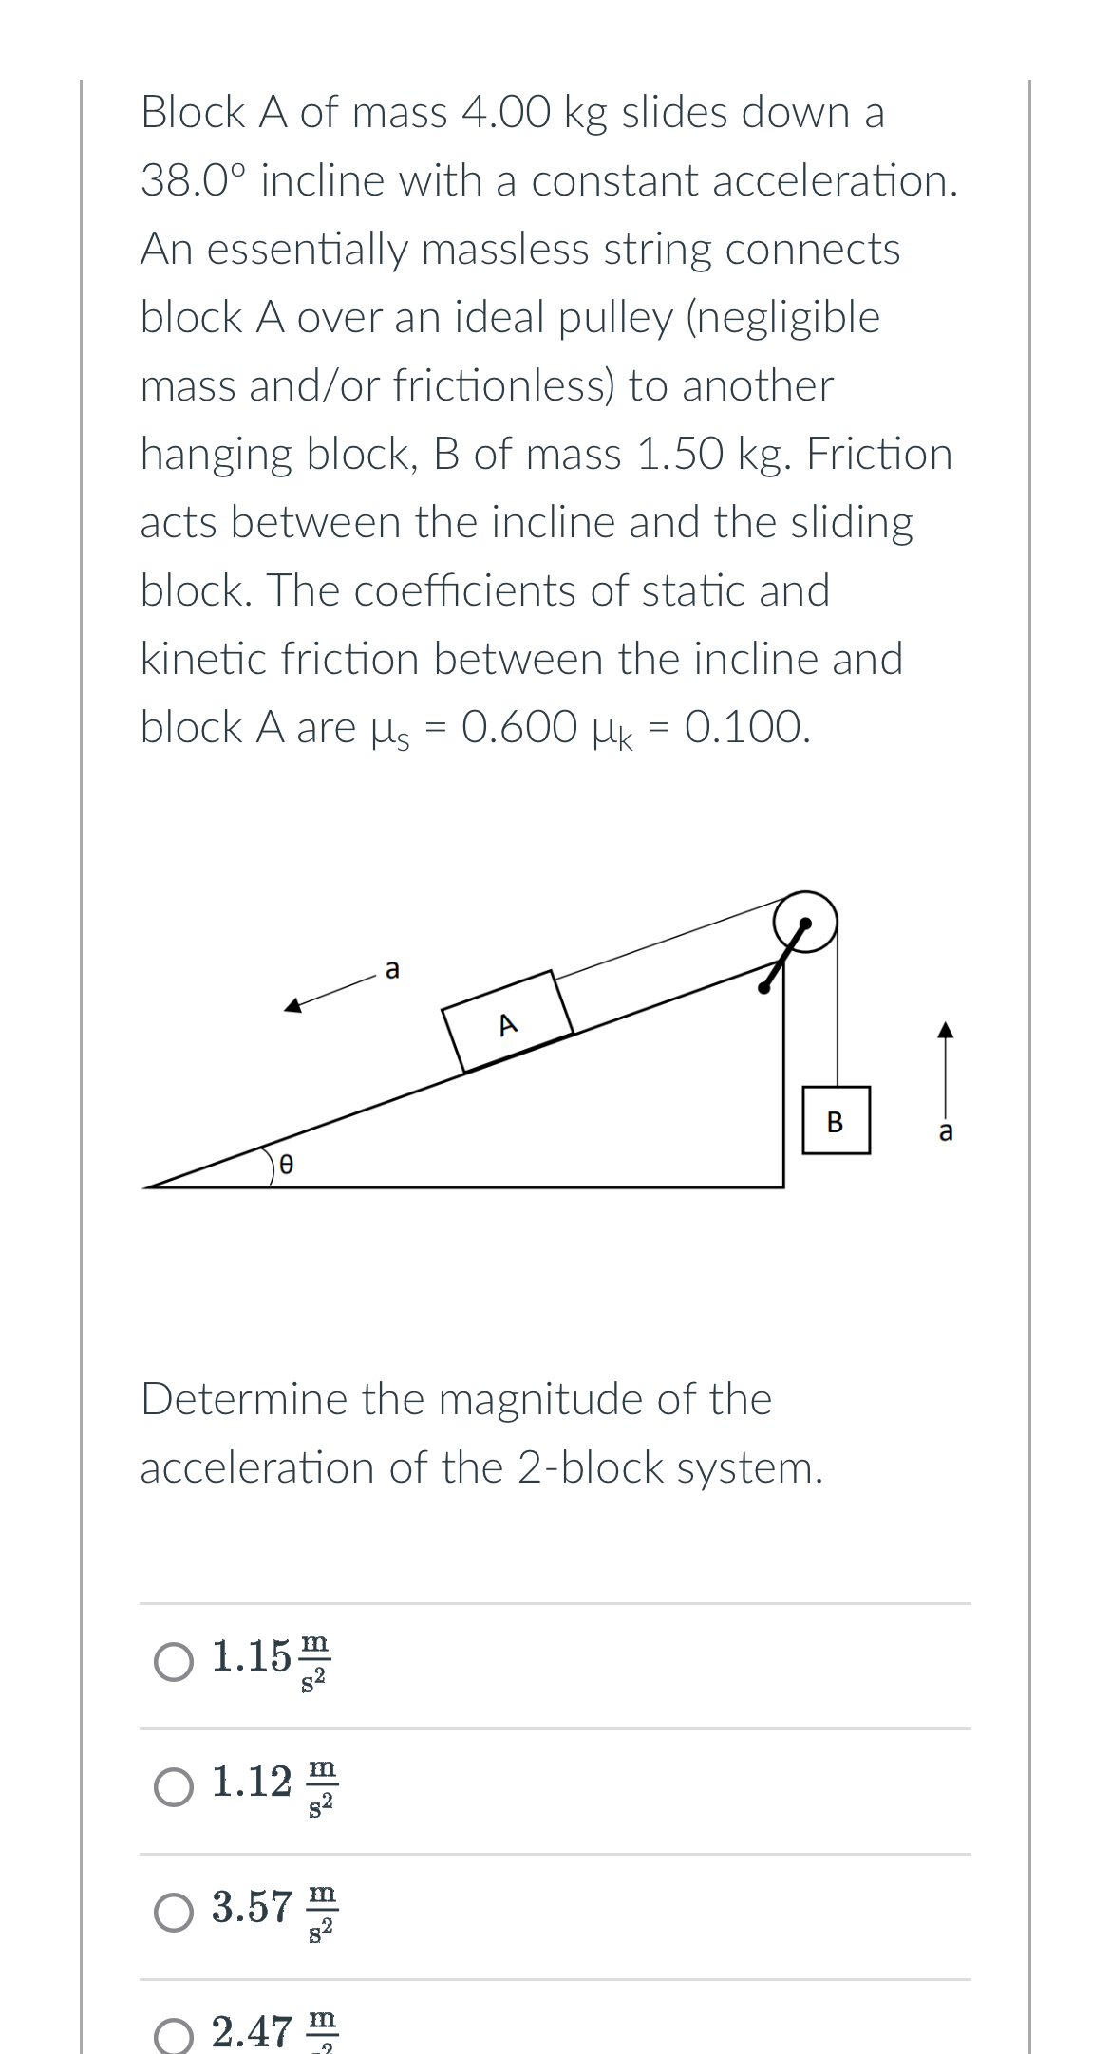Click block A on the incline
[509, 1021]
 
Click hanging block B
[836, 1121]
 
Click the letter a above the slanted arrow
[393, 969]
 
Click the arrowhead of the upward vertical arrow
[944, 1030]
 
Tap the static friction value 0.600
[518, 728]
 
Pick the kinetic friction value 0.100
[746, 728]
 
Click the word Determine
[243, 1400]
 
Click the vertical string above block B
[837, 1016]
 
